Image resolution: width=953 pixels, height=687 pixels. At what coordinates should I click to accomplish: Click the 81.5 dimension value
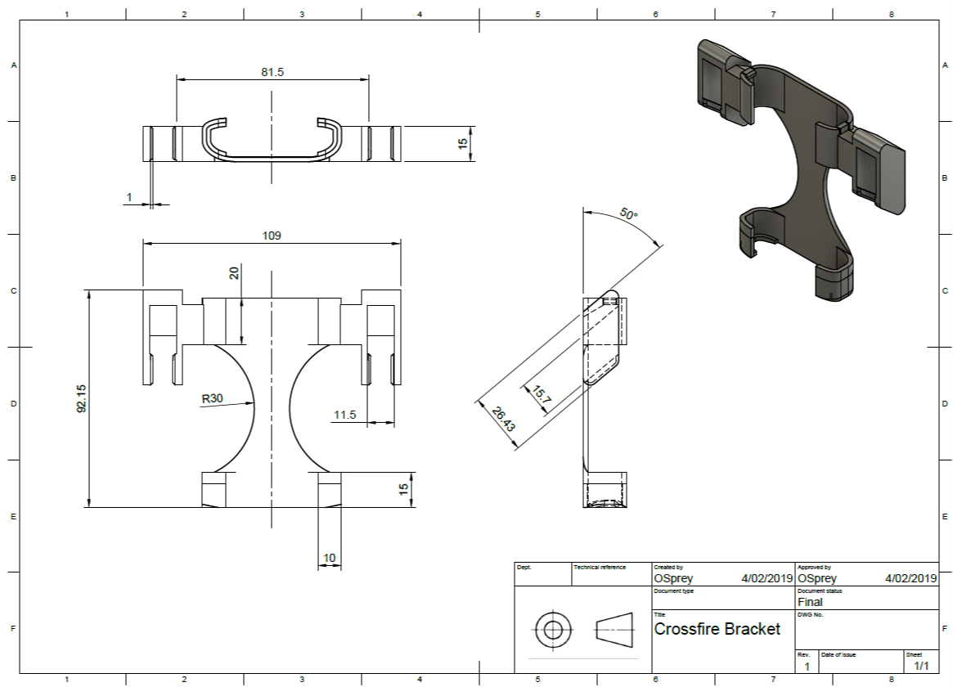[272, 72]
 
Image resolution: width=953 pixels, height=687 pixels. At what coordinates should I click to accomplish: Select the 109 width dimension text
[272, 236]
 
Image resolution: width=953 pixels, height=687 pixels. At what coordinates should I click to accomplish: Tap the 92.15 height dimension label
[82, 398]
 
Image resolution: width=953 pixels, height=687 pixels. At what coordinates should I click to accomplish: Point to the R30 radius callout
[212, 398]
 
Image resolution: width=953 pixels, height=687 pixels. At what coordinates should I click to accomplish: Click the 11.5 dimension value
[344, 415]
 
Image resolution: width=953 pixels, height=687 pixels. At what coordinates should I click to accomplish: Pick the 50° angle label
[629, 214]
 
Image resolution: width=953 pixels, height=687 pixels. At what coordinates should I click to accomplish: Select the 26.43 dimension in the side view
[503, 419]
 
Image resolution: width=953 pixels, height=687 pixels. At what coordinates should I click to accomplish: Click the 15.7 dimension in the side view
[542, 396]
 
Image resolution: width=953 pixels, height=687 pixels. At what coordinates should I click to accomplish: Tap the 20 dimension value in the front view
[234, 273]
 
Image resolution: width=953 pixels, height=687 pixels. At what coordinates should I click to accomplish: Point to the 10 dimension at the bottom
[330, 558]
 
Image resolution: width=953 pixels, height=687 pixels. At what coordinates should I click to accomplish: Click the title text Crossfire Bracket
[717, 629]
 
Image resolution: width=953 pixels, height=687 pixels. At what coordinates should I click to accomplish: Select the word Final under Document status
[810, 602]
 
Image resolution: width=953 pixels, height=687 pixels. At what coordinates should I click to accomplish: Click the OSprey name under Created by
[673, 578]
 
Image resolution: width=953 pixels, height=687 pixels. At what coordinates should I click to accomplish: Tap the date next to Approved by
[911, 578]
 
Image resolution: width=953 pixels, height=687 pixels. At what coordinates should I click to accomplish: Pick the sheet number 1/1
[921, 666]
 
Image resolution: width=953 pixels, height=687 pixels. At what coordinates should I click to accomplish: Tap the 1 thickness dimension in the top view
[129, 197]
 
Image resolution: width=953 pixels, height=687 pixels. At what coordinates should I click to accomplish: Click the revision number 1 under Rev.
[807, 667]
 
